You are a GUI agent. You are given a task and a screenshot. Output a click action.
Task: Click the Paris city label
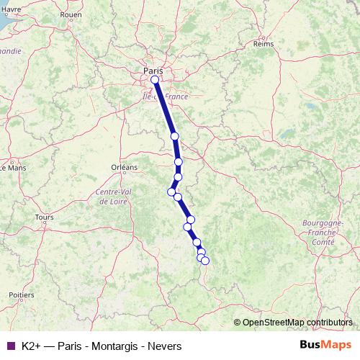153,71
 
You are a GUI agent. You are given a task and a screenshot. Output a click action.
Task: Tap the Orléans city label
124,167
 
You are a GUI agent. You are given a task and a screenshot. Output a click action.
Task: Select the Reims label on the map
264,44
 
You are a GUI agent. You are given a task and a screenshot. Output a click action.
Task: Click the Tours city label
44,217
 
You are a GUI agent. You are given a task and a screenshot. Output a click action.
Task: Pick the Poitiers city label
22,295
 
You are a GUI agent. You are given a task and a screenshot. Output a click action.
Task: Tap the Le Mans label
12,168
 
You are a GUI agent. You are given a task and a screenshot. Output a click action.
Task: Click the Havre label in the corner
11,9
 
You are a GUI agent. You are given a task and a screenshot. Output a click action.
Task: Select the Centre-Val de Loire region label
112,197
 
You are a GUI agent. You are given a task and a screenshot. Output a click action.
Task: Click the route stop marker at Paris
155,80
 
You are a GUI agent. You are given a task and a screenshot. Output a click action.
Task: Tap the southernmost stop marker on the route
204,261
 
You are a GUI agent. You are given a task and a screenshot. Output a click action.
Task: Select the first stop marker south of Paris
174,136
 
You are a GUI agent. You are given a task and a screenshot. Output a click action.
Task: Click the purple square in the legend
10,346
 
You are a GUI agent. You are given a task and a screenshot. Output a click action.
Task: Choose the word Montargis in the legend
115,346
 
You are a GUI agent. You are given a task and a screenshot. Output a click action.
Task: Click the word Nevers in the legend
164,346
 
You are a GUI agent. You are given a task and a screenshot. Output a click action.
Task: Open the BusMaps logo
326,345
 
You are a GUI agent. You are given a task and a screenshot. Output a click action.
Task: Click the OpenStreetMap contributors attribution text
297,323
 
